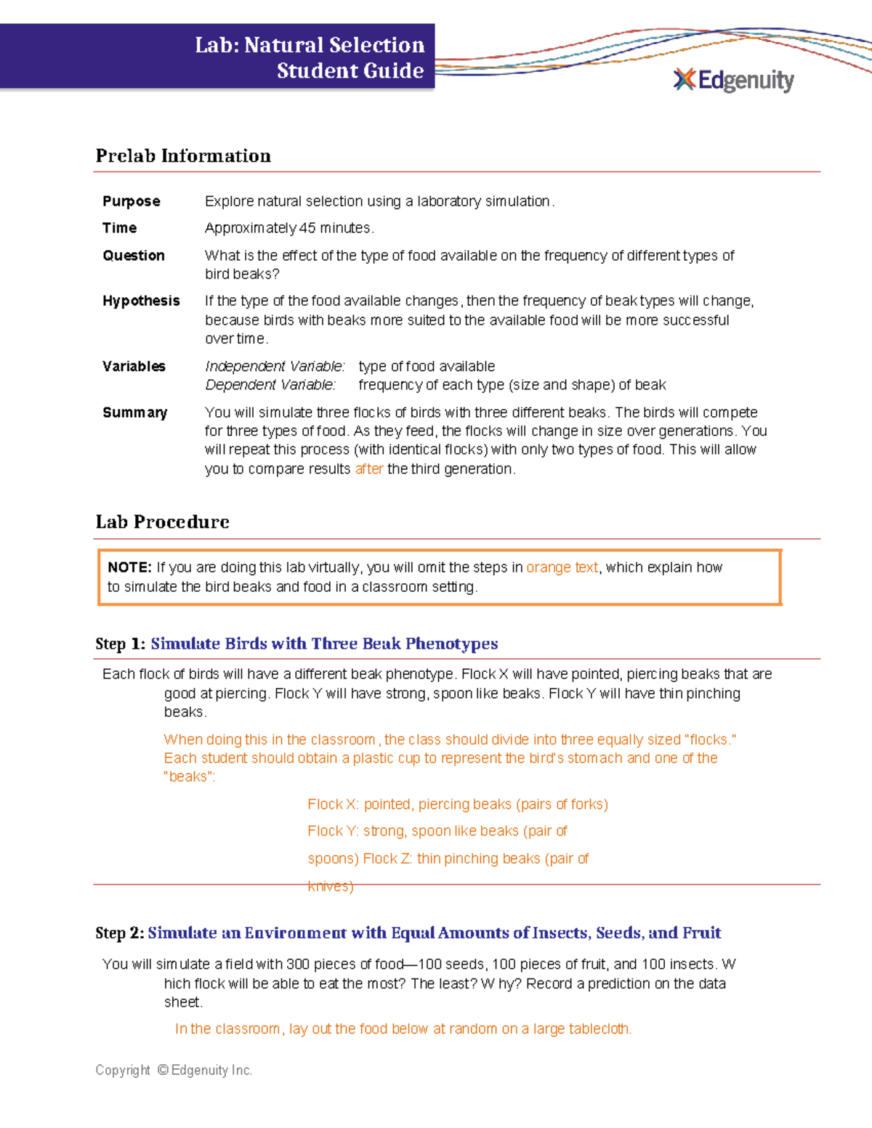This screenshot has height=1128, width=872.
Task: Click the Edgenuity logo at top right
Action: [x=734, y=80]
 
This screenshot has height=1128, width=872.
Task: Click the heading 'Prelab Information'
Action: [x=183, y=156]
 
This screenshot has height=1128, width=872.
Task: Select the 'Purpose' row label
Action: [x=132, y=201]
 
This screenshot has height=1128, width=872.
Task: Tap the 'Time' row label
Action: [x=120, y=228]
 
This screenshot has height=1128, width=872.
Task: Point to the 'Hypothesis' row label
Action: [x=141, y=301]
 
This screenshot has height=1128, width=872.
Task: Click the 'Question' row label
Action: [x=134, y=256]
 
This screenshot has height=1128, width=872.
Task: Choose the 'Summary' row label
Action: [x=135, y=413]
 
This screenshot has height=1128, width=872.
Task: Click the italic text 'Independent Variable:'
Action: [x=275, y=366]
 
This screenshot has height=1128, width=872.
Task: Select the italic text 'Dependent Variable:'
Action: [x=270, y=385]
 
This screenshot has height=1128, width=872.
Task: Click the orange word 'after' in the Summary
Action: [x=369, y=469]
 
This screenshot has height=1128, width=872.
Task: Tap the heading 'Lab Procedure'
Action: [x=163, y=522]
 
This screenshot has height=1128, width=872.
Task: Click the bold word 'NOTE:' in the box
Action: [x=129, y=567]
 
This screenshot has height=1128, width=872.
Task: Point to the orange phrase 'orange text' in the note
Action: [x=562, y=567]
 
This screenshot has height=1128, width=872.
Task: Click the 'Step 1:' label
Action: [x=121, y=644]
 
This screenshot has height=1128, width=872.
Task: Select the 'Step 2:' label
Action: [x=120, y=933]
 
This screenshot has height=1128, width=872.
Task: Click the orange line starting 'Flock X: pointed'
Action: [x=458, y=804]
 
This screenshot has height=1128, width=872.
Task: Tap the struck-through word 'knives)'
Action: [x=331, y=886]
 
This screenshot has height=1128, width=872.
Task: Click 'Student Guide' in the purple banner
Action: [x=350, y=71]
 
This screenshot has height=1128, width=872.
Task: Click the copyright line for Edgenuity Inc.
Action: [x=174, y=1070]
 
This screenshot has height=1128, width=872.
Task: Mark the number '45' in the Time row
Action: [x=307, y=228]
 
